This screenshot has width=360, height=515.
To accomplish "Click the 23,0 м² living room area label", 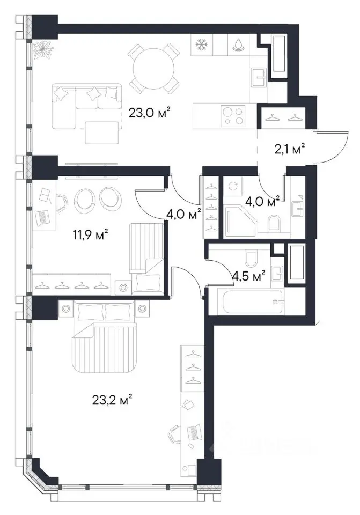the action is (x=150, y=114).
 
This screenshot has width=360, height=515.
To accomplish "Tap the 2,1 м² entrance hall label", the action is (x=289, y=150).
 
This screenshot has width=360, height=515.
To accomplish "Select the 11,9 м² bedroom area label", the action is (x=90, y=234).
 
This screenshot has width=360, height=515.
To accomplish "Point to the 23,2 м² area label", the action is (x=112, y=400).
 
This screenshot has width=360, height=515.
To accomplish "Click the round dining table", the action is (x=154, y=69).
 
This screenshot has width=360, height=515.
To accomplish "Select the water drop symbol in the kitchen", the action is (x=238, y=45).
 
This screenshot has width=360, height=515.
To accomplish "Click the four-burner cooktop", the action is (x=233, y=116).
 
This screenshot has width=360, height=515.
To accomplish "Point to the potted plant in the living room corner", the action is (x=43, y=49).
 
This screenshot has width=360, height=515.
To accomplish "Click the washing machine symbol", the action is (x=232, y=186).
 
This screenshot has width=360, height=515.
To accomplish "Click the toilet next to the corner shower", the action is (x=274, y=223).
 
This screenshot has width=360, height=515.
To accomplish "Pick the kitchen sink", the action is (x=259, y=78).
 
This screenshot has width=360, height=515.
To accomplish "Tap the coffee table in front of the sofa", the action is (x=101, y=133).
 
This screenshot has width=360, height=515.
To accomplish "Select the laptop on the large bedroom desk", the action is (x=193, y=431).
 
